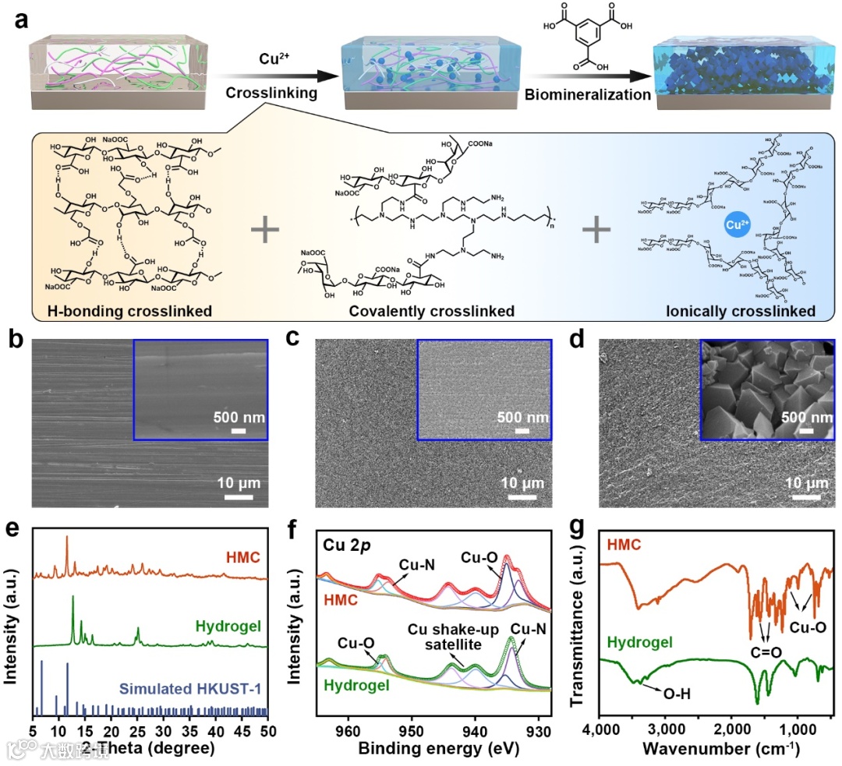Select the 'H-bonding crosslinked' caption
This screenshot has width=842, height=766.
tap(112, 311)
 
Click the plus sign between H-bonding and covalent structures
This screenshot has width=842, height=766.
tap(266, 230)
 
